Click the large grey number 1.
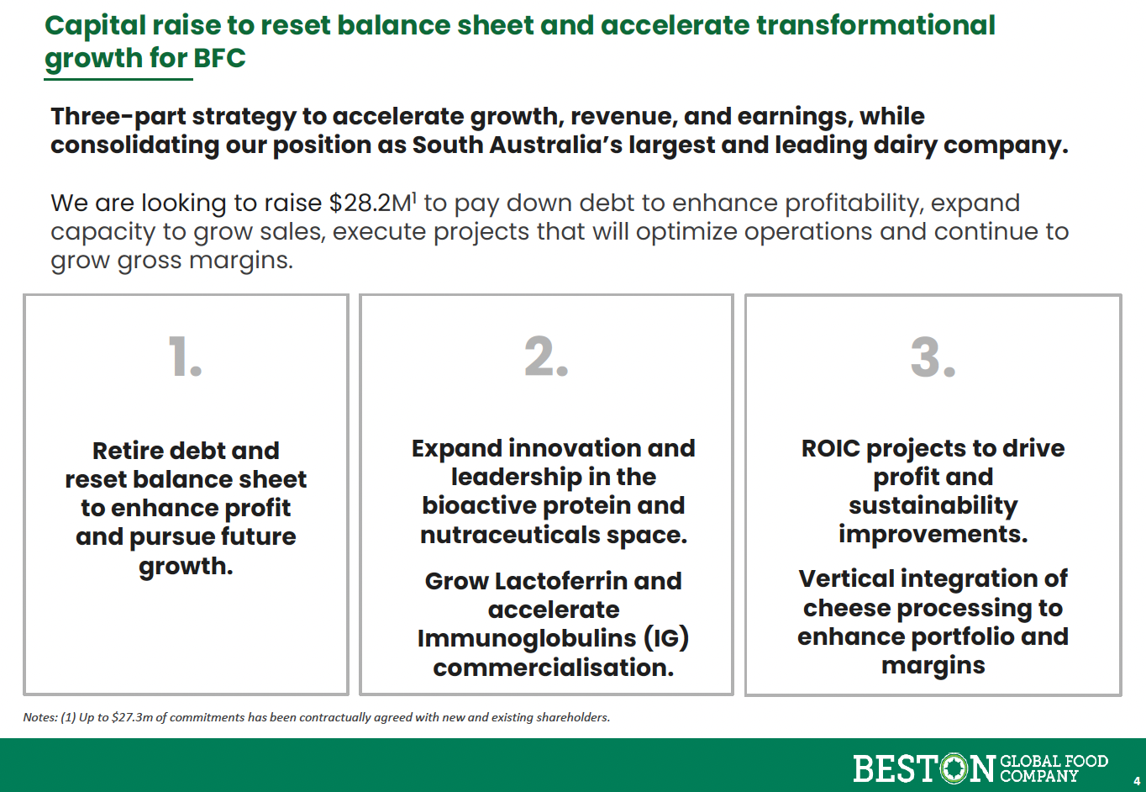click(185, 356)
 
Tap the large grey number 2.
click(546, 356)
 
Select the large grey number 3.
click(933, 356)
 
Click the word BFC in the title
click(220, 57)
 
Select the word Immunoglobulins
click(527, 638)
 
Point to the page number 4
click(1137, 781)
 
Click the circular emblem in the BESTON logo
click(954, 768)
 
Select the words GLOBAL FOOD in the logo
click(1054, 761)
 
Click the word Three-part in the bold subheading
click(118, 116)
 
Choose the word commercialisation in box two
click(554, 667)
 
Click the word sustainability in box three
click(933, 506)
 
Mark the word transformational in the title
click(875, 25)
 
